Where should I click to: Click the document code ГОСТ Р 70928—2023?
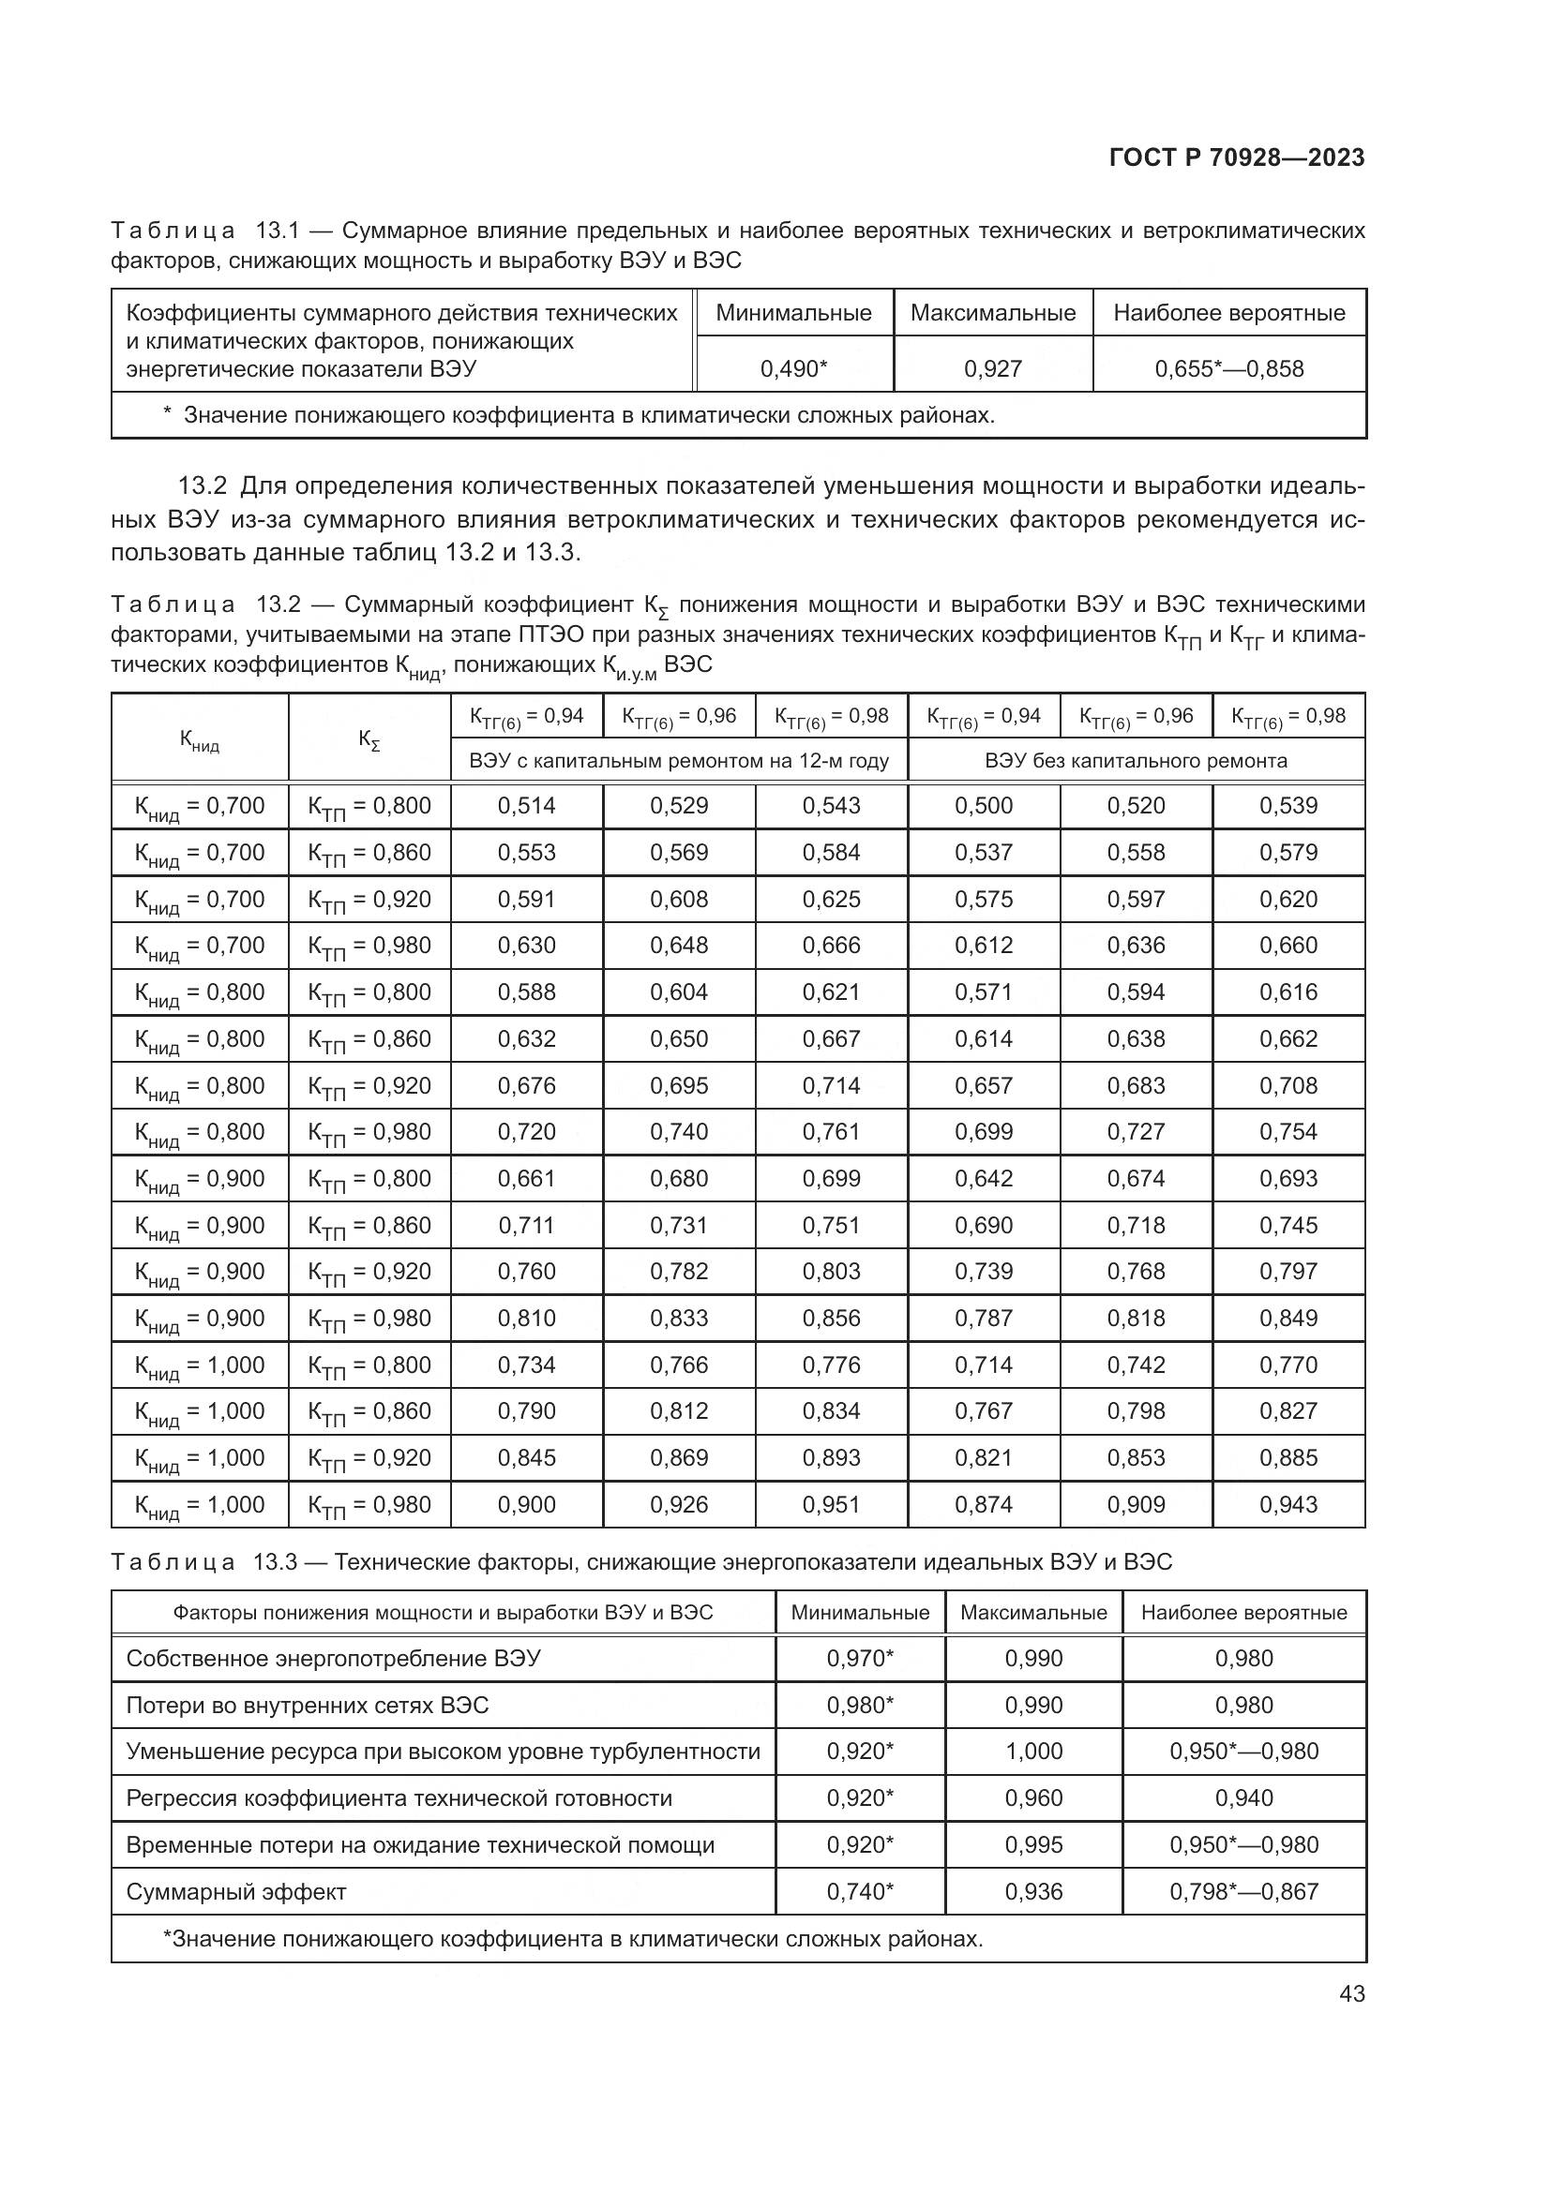pyautogui.click(x=1237, y=157)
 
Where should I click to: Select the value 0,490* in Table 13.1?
pyautogui.click(x=793, y=369)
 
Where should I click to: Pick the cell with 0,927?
pyautogui.click(x=992, y=369)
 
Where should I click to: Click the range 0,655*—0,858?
pyautogui.click(x=1228, y=369)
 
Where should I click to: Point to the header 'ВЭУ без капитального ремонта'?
pyautogui.click(x=1136, y=761)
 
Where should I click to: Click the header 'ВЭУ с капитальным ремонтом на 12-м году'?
pyautogui.click(x=679, y=761)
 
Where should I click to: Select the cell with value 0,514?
pyautogui.click(x=526, y=806)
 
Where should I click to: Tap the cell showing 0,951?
pyautogui.click(x=831, y=1505)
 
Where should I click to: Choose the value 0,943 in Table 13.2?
pyautogui.click(x=1287, y=1505)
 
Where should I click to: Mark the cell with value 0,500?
pyautogui.click(x=983, y=806)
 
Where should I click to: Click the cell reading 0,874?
pyautogui.click(x=983, y=1505)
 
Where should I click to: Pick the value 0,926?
pyautogui.click(x=679, y=1505)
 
